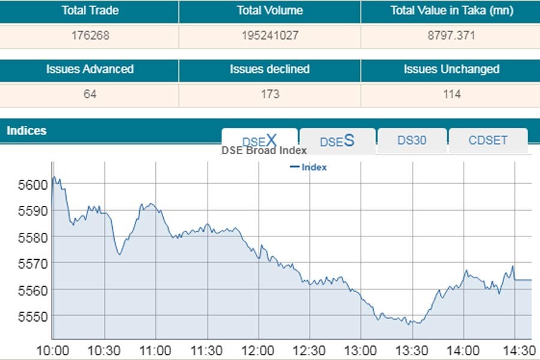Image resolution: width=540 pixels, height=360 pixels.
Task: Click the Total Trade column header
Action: click(89, 11)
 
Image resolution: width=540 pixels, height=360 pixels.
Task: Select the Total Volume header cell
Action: click(269, 11)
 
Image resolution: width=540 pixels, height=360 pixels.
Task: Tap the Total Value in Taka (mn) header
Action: click(451, 11)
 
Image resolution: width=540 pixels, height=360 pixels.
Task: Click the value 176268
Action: click(90, 35)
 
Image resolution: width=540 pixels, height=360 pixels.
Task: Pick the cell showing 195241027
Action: click(269, 35)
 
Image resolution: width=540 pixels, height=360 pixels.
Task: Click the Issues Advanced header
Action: click(89, 70)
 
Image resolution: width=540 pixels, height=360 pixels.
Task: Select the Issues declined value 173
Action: click(270, 94)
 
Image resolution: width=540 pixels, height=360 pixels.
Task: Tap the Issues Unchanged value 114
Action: click(451, 94)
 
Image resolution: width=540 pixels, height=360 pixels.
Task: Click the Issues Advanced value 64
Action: click(90, 94)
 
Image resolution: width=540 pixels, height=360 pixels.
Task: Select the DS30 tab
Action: click(412, 140)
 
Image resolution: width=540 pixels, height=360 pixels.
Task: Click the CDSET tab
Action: click(488, 140)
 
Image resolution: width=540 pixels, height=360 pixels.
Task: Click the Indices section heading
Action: click(26, 130)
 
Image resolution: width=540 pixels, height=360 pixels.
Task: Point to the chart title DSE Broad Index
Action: click(264, 151)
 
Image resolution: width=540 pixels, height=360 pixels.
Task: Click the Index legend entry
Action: click(308, 167)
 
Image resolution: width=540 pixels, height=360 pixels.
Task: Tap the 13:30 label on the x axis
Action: click(412, 350)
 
